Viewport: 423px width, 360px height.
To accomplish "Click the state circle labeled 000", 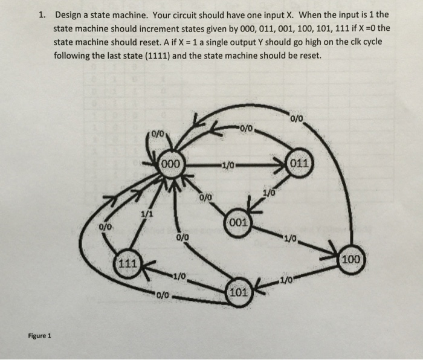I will pyautogui.click(x=172, y=163).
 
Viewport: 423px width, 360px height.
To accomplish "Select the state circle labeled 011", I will pyautogui.click(x=300, y=164).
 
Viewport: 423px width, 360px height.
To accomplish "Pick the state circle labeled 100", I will pyautogui.click(x=350, y=260).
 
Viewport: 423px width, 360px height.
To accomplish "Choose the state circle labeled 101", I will pyautogui.click(x=239, y=293).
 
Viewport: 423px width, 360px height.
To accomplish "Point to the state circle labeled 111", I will pyautogui.click(x=127, y=263).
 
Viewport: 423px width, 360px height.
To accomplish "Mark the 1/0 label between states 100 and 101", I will pyautogui.click(x=287, y=279).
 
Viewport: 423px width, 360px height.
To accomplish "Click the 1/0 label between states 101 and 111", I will pyautogui.click(x=179, y=277).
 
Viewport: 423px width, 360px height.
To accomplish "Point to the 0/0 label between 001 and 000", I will pyautogui.click(x=205, y=197).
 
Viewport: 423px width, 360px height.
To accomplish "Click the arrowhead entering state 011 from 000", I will pyautogui.click(x=284, y=164).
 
